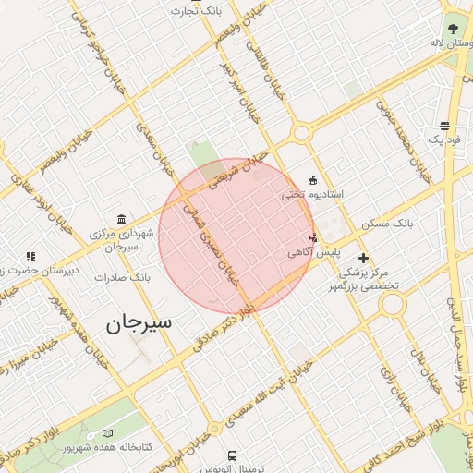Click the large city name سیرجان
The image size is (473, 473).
[x=139, y=323]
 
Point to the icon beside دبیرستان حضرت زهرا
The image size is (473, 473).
[x=30, y=256]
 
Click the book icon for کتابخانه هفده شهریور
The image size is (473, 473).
[x=108, y=433]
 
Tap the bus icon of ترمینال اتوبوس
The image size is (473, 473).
[x=231, y=455]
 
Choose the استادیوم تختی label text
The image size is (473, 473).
[x=312, y=195]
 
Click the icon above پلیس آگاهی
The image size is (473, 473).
[x=313, y=236]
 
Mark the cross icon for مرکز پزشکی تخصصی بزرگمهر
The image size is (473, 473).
[x=363, y=258]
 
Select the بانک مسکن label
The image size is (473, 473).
[x=414, y=224]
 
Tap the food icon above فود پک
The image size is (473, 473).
[x=444, y=126]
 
